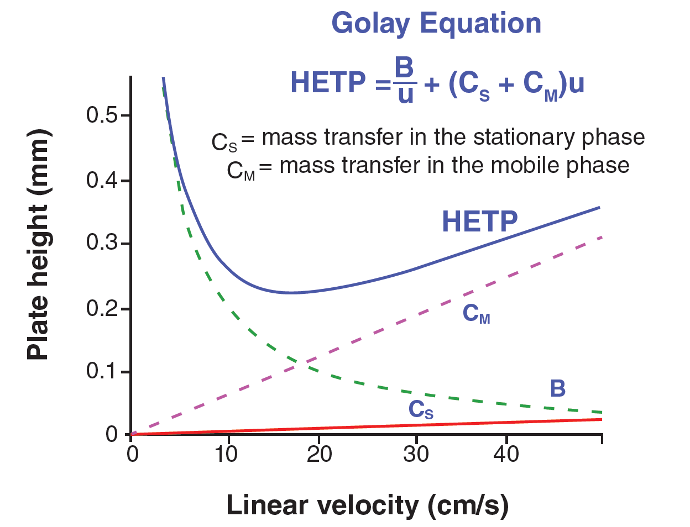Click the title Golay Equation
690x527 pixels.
436,23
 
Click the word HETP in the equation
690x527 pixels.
328,83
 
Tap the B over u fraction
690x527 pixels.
405,81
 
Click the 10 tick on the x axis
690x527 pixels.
226,454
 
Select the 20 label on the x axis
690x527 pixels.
319,454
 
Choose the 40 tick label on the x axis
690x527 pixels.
506,454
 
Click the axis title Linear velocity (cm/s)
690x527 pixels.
367,505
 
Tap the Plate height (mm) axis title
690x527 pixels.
39,245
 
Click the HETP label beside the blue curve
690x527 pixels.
479,222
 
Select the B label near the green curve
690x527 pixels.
558,389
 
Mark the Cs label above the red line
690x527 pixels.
420,410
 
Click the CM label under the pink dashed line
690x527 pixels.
475,314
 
